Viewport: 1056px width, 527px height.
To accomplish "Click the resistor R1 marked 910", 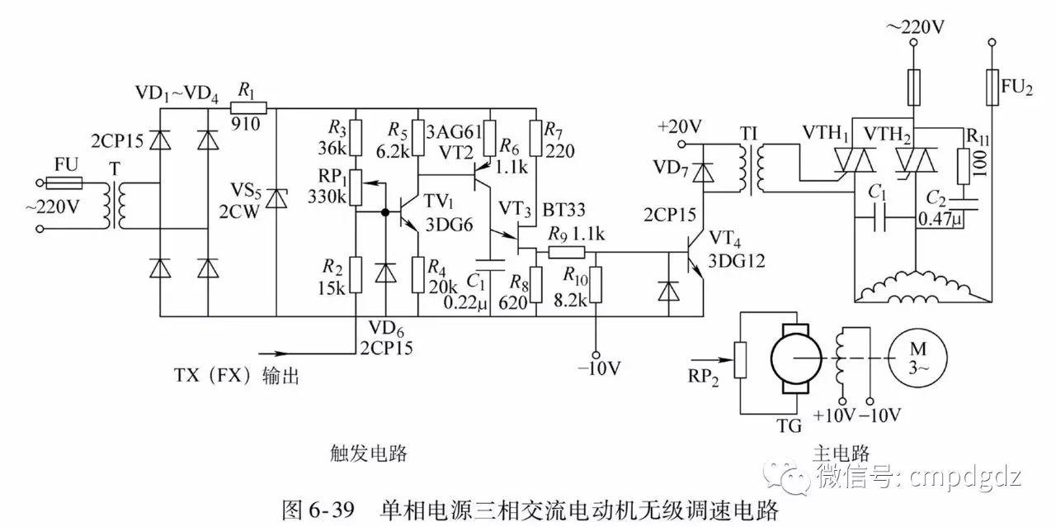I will (x=249, y=107).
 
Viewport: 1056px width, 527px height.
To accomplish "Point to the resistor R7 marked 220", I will (x=537, y=138).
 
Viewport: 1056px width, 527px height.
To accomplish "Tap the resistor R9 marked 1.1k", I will (x=568, y=253).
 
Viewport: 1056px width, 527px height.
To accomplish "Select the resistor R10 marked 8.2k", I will (x=596, y=285).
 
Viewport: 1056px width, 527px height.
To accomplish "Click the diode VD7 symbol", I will (x=702, y=172).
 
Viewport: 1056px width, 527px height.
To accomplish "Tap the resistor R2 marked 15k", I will (x=356, y=274).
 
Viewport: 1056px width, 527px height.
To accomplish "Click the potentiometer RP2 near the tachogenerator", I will (x=740, y=360).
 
